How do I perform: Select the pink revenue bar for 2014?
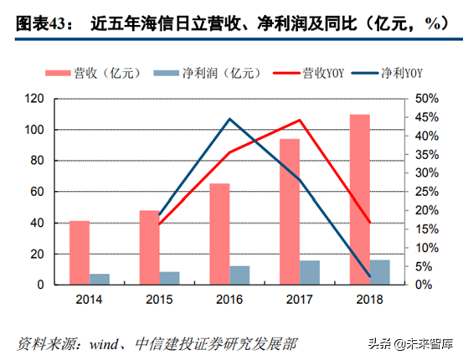pos(80,252)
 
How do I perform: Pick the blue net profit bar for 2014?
pos(100,279)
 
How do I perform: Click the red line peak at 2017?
pos(300,120)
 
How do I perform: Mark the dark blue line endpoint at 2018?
pos(370,276)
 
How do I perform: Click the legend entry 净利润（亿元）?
pos(200,74)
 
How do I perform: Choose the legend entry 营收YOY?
pos(306,74)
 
